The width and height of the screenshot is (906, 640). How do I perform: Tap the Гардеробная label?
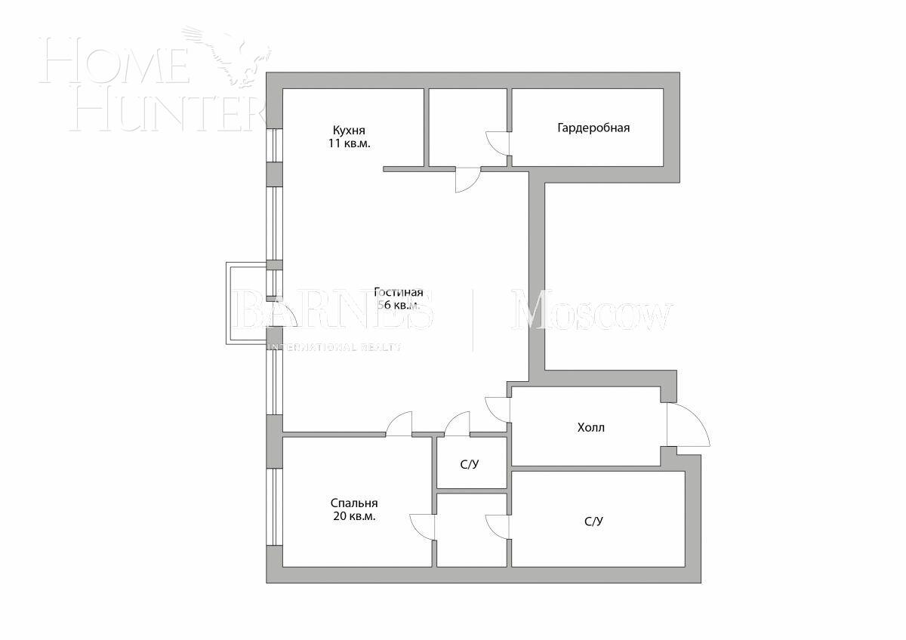coord(593,128)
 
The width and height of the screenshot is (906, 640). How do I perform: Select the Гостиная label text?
coord(398,293)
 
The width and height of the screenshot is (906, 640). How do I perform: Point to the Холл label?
coord(590,427)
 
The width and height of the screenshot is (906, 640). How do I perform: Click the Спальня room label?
coord(353,503)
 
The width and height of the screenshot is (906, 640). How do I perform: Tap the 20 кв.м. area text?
coord(353,517)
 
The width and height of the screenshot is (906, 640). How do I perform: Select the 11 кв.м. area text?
coord(349,143)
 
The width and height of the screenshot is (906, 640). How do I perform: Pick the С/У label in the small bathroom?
coord(470,464)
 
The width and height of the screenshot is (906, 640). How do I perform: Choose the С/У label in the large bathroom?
coord(593,521)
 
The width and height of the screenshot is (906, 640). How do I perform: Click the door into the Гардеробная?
coord(498,143)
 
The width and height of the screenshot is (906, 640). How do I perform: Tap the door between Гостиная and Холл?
coord(498,408)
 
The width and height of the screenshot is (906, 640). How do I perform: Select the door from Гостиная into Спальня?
coord(399,424)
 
